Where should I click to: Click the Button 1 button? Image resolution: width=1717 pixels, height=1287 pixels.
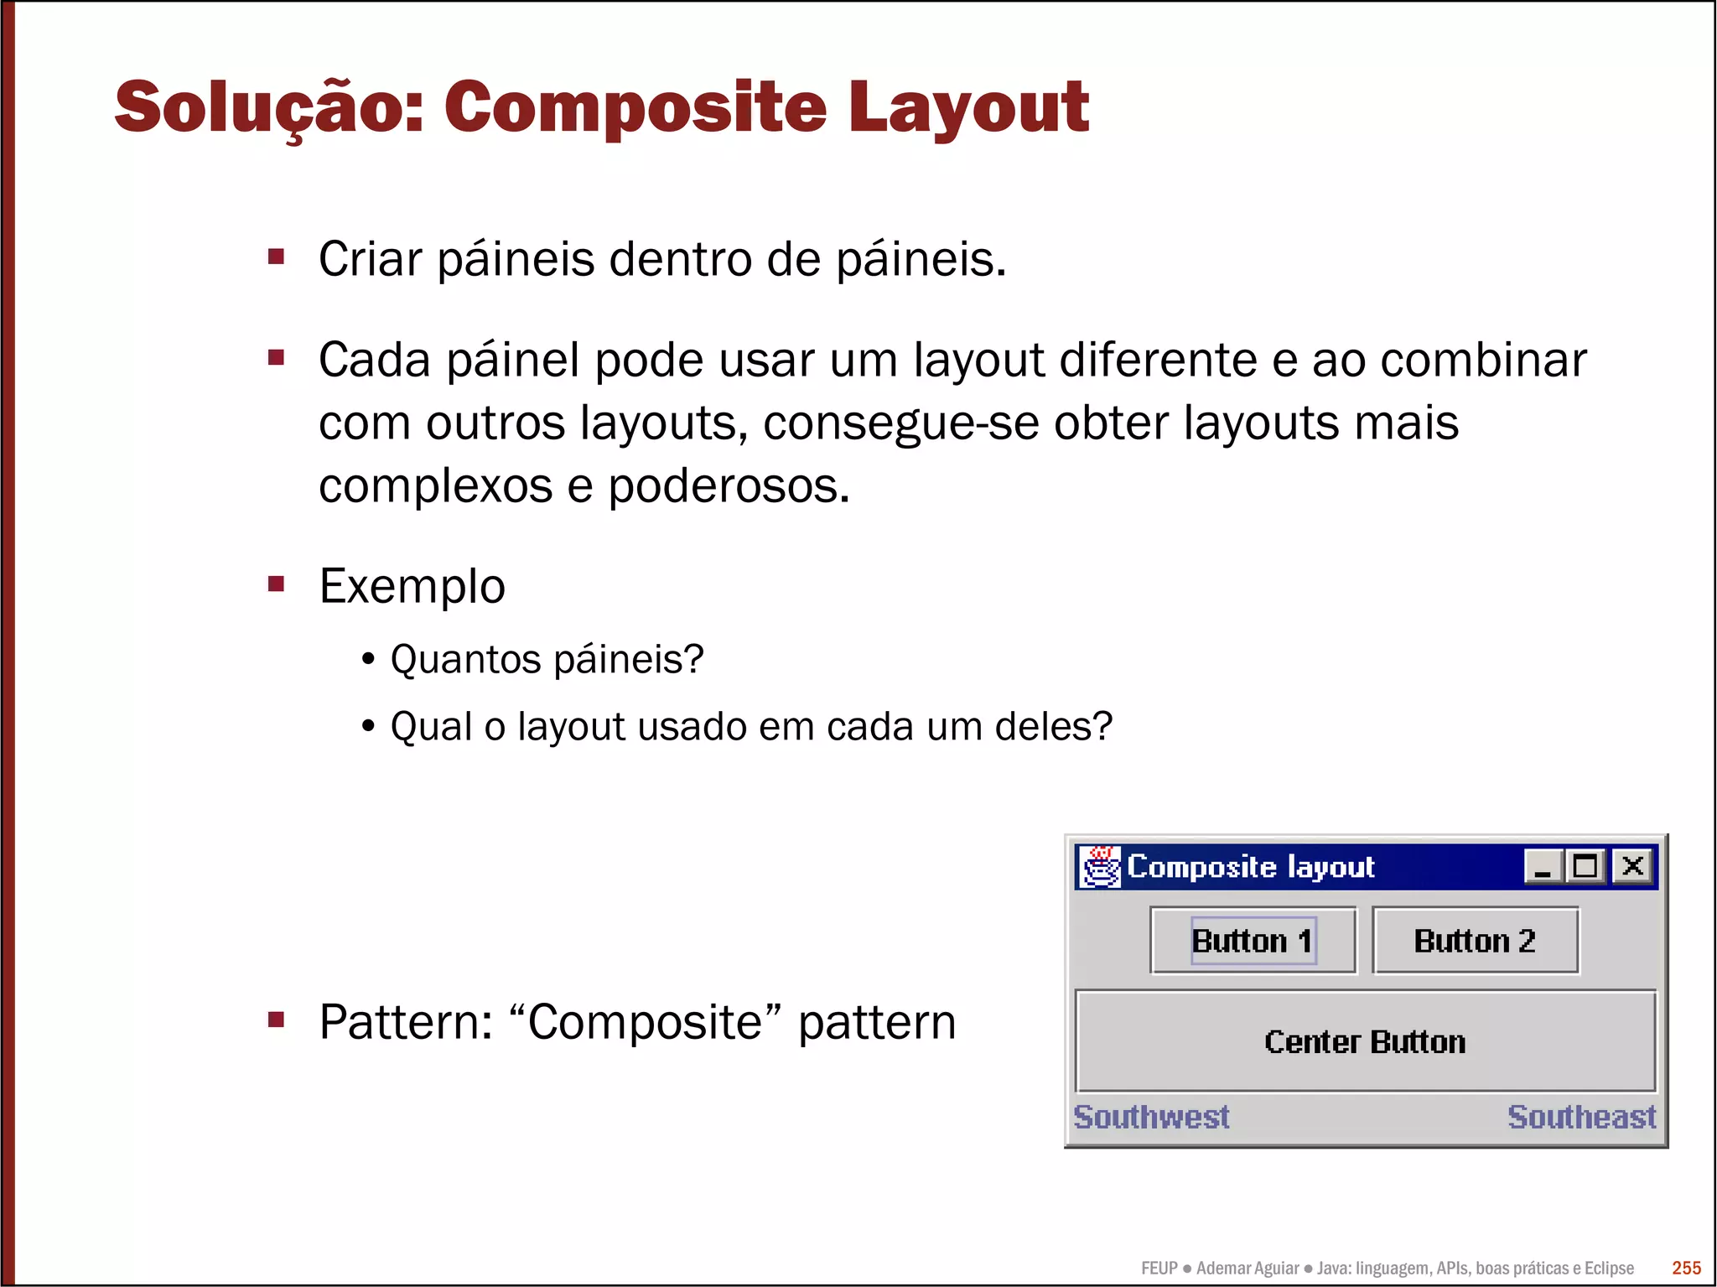pyautogui.click(x=1253, y=941)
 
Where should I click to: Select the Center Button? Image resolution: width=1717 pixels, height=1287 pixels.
pyautogui.click(x=1365, y=1041)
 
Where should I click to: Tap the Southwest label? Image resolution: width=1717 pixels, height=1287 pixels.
pyautogui.click(x=1151, y=1117)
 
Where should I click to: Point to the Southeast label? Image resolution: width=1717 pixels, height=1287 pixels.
pyautogui.click(x=1581, y=1117)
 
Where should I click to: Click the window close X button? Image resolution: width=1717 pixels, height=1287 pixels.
pyautogui.click(x=1632, y=866)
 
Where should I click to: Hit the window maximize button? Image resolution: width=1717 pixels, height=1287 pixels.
pyautogui.click(x=1585, y=866)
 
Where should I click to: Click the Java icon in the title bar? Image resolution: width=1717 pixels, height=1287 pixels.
pyautogui.click(x=1099, y=866)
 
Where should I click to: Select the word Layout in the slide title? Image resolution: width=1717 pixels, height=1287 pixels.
pyautogui.click(x=968, y=107)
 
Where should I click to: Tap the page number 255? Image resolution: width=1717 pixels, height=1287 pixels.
pyautogui.click(x=1686, y=1268)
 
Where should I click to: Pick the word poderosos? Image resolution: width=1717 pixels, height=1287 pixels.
pyautogui.click(x=729, y=485)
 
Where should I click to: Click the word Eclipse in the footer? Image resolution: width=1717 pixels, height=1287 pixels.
pyautogui.click(x=1608, y=1268)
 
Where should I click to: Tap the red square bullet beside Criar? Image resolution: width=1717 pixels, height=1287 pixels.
pyautogui.click(x=276, y=256)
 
